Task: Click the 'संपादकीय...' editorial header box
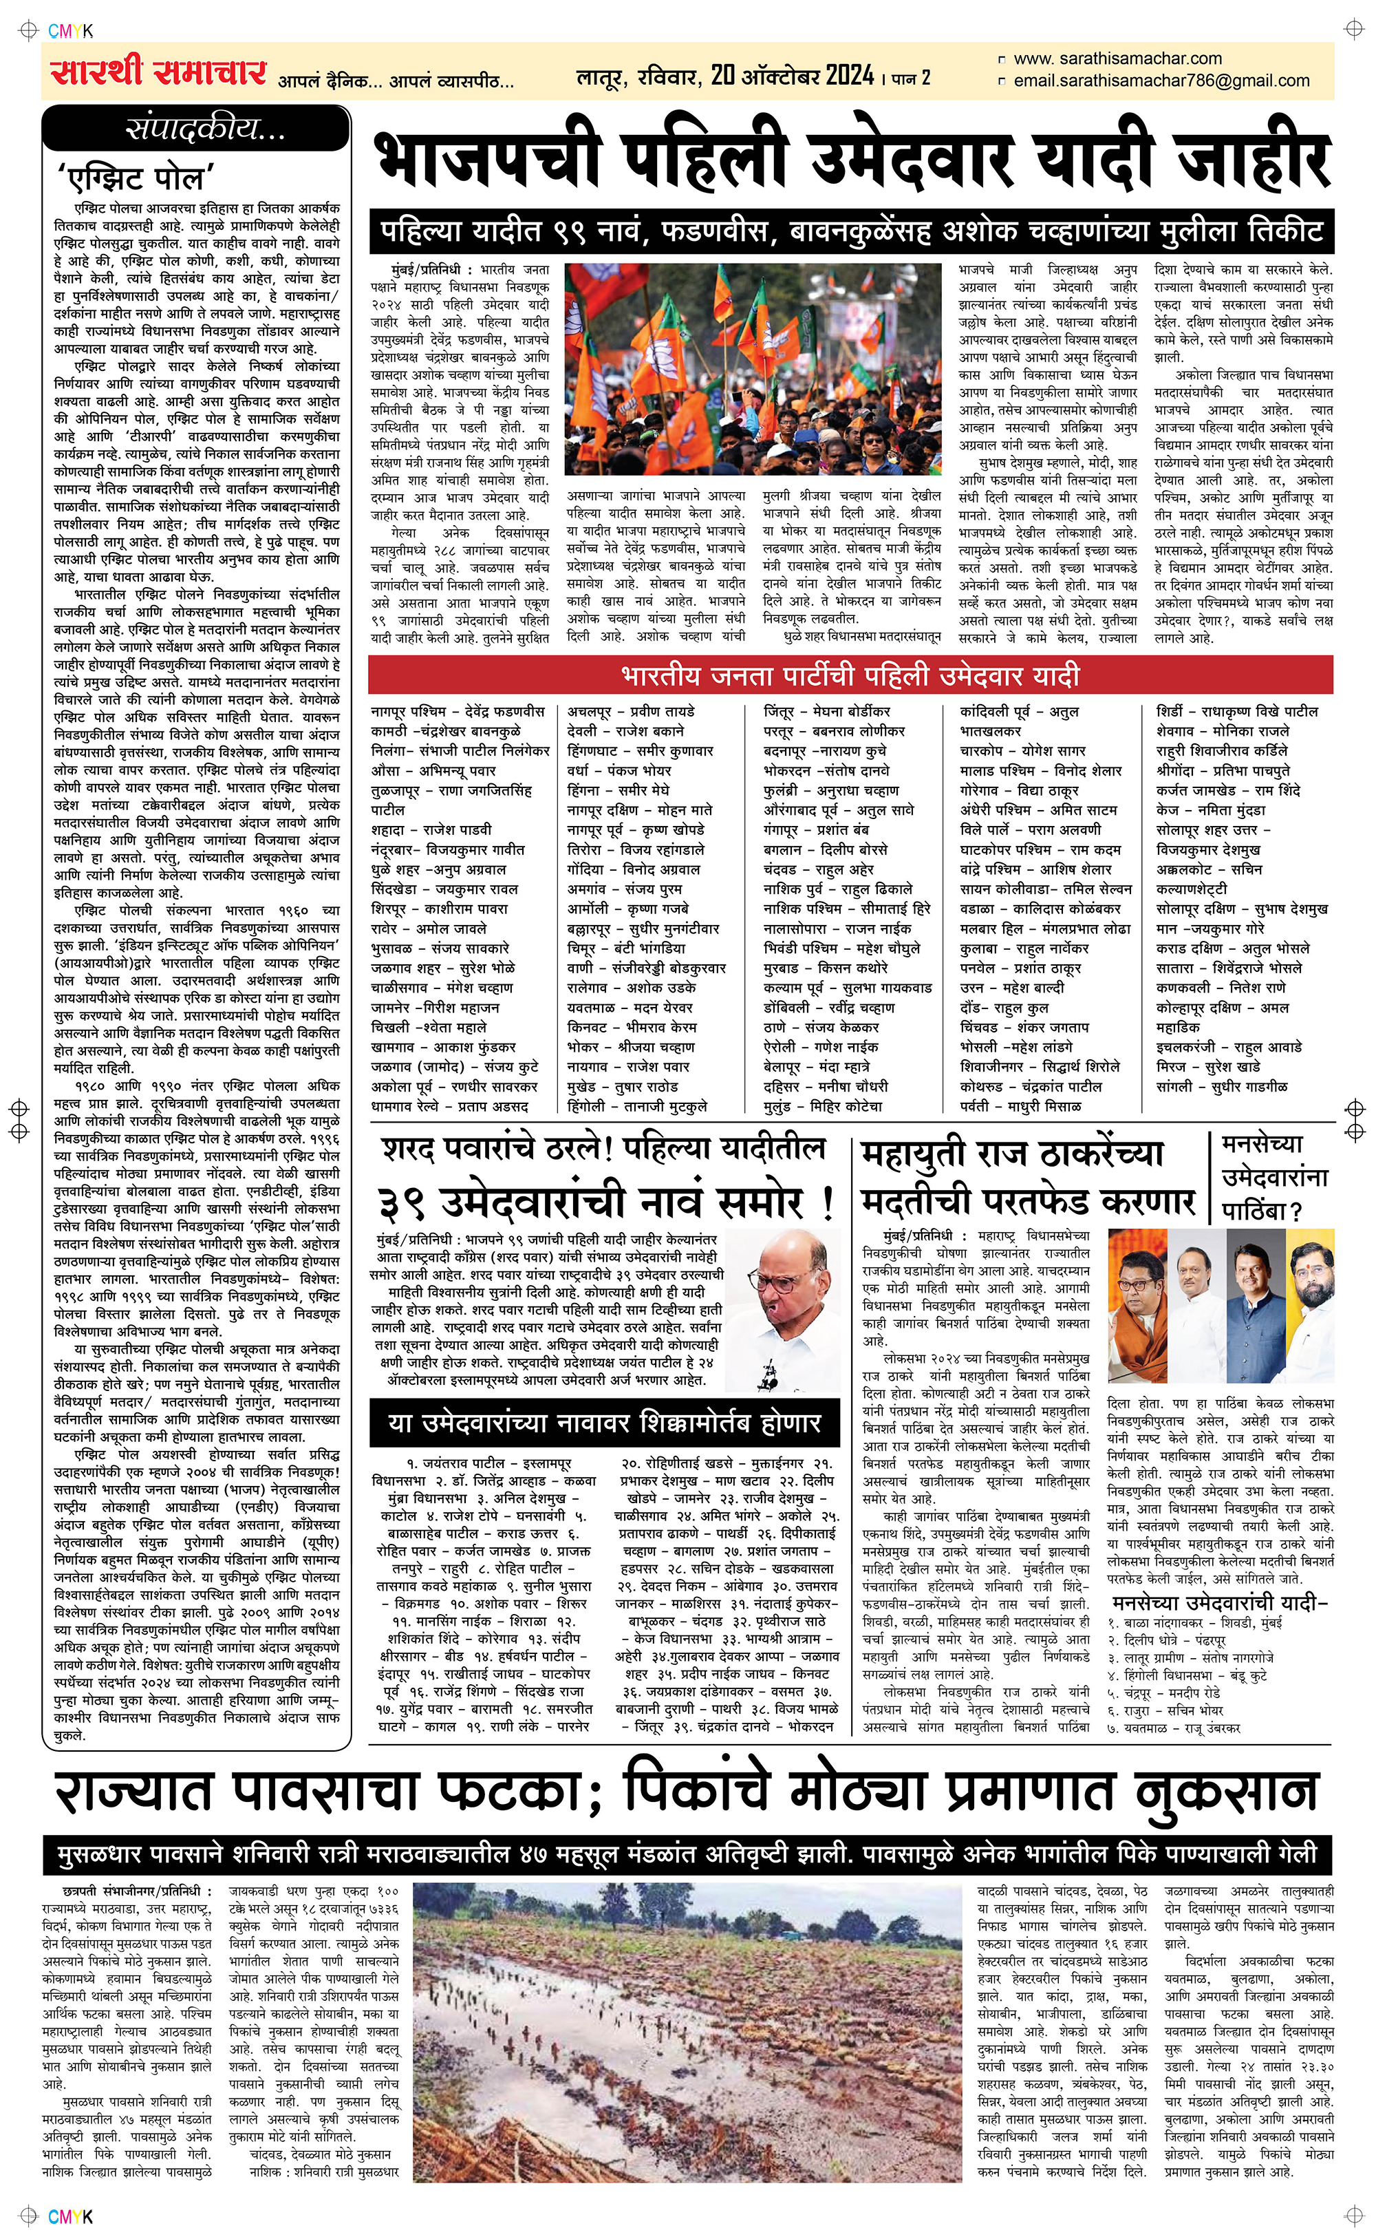point(197,129)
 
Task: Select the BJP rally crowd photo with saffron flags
point(755,372)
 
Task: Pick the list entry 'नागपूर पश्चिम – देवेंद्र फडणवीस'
point(458,711)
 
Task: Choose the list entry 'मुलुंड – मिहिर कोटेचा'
point(824,1106)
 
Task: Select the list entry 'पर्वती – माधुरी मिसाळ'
point(1021,1106)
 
